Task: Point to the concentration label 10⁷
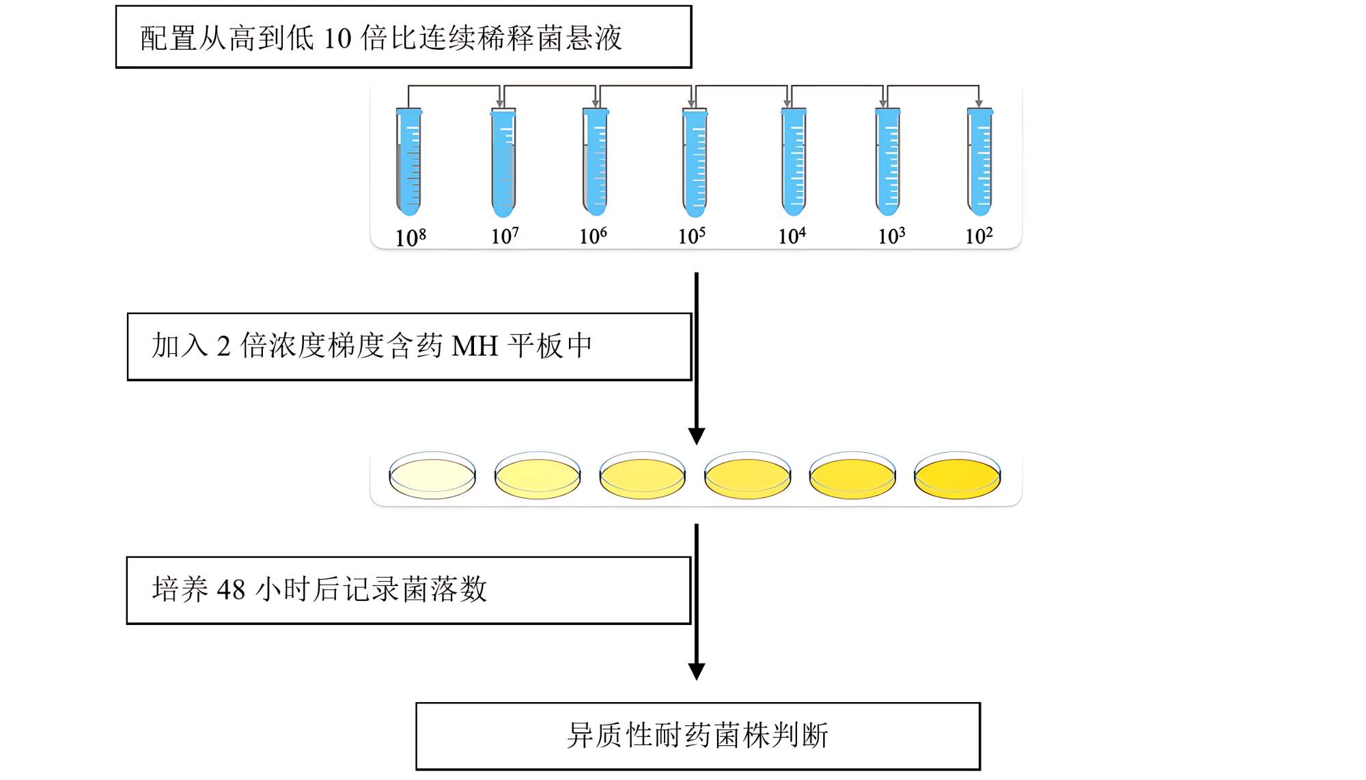pos(505,236)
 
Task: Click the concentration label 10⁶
pos(593,236)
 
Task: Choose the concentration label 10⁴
pos(792,236)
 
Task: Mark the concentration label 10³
pos(891,236)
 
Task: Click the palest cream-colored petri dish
pos(432,475)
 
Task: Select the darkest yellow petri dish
pos(957,475)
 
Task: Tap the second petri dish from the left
pos(538,475)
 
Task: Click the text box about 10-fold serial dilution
pos(404,37)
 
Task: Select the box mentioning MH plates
pos(409,346)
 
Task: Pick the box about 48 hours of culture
pos(408,590)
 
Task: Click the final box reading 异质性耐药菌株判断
pos(697,736)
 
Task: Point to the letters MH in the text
pos(475,346)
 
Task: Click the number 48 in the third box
pos(231,589)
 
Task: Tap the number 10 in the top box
pos(337,38)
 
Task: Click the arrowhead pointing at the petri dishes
pos(697,436)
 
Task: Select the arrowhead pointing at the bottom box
pos(697,671)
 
